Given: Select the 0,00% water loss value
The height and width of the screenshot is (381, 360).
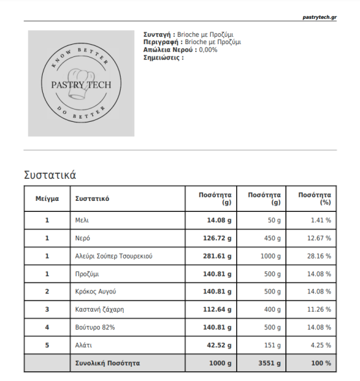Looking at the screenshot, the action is pyautogui.click(x=208, y=49).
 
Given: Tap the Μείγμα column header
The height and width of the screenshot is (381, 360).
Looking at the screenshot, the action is pyautogui.click(x=47, y=199).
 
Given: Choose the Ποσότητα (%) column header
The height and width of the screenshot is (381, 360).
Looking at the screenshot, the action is pyautogui.click(x=314, y=199).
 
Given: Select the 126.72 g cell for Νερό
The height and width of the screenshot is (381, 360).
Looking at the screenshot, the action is pyautogui.click(x=217, y=238).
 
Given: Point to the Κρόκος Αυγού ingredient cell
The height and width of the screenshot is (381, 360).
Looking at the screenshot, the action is pyautogui.click(x=95, y=292).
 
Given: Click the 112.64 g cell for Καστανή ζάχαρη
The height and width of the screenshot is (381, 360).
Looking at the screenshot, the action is pyautogui.click(x=217, y=309).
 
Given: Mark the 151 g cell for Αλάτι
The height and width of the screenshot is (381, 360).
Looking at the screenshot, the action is pyautogui.click(x=274, y=345).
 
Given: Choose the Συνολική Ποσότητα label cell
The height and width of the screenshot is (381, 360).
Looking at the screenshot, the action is pyautogui.click(x=107, y=363).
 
